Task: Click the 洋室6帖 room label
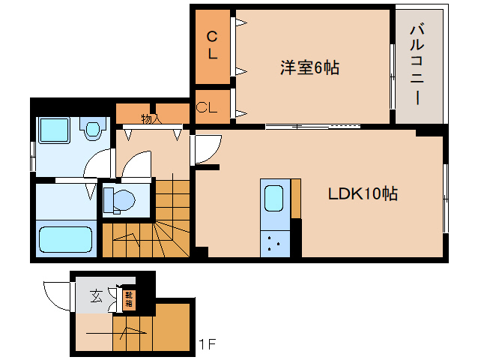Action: (x=309, y=68)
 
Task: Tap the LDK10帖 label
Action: (x=363, y=193)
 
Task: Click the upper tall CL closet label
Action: (x=213, y=45)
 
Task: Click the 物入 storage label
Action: (x=151, y=118)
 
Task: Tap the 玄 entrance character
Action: (x=97, y=295)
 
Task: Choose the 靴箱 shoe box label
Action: (x=128, y=300)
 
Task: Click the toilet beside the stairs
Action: (x=119, y=200)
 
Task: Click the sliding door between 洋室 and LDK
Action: (x=312, y=125)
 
